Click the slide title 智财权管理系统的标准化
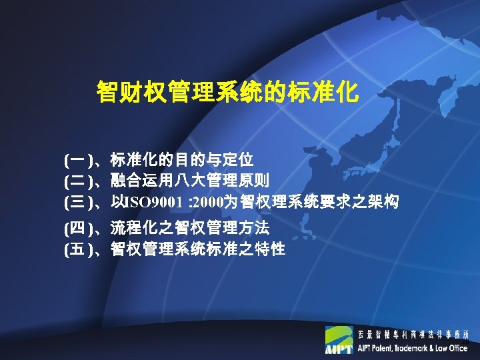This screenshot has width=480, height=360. coord(228,92)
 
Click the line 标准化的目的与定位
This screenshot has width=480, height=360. coord(182,160)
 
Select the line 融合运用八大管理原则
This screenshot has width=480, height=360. coord(190,180)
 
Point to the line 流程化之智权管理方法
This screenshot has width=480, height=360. coord(190,229)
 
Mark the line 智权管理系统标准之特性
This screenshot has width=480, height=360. coord(198,250)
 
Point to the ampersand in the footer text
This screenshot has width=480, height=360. coord(435,348)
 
